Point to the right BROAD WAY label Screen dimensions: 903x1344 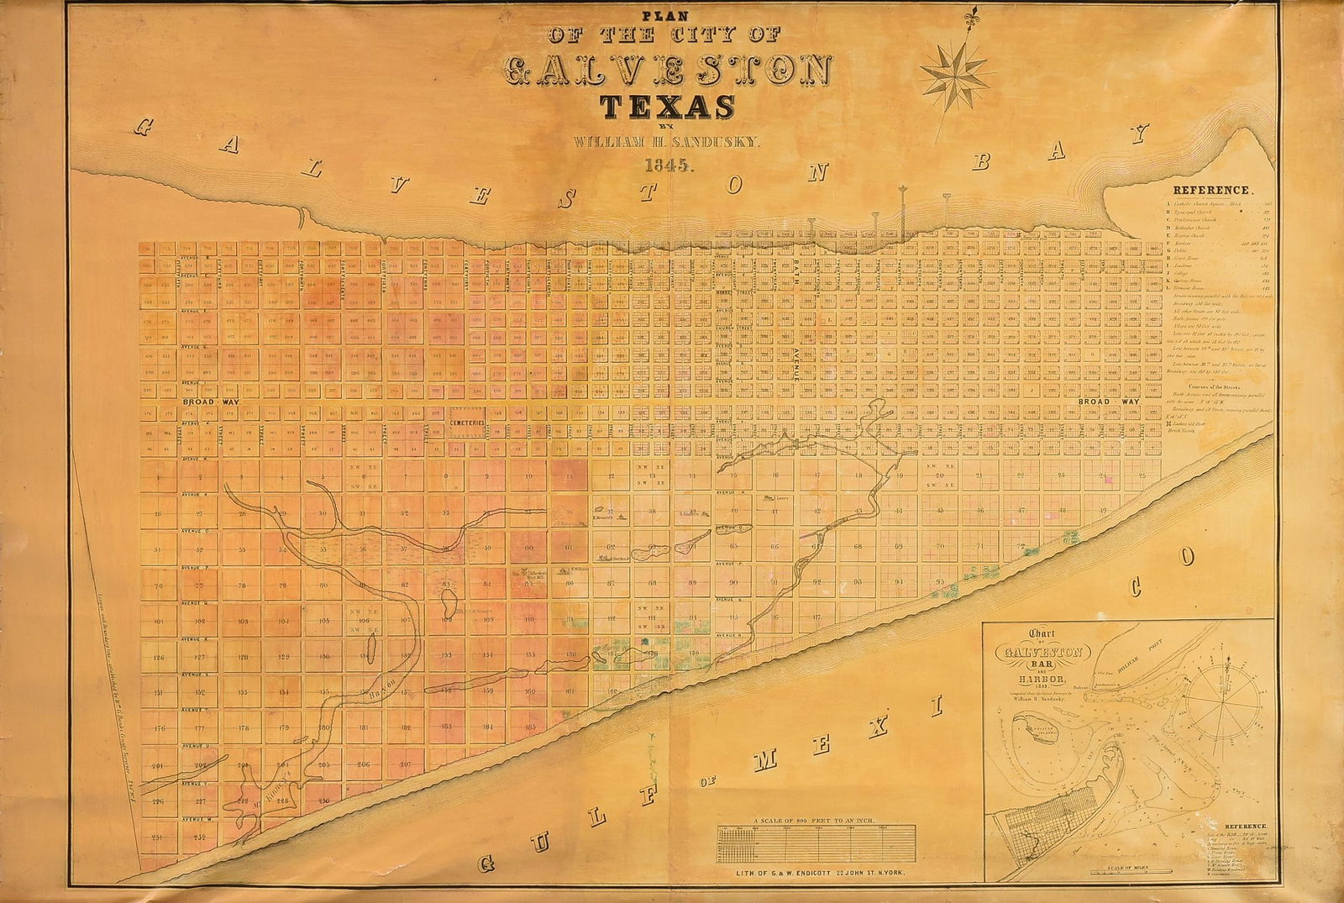pos(1108,402)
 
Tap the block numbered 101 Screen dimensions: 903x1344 pos(158,622)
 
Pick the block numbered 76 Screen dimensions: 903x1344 pos(158,585)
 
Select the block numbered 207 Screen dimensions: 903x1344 pos(405,765)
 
